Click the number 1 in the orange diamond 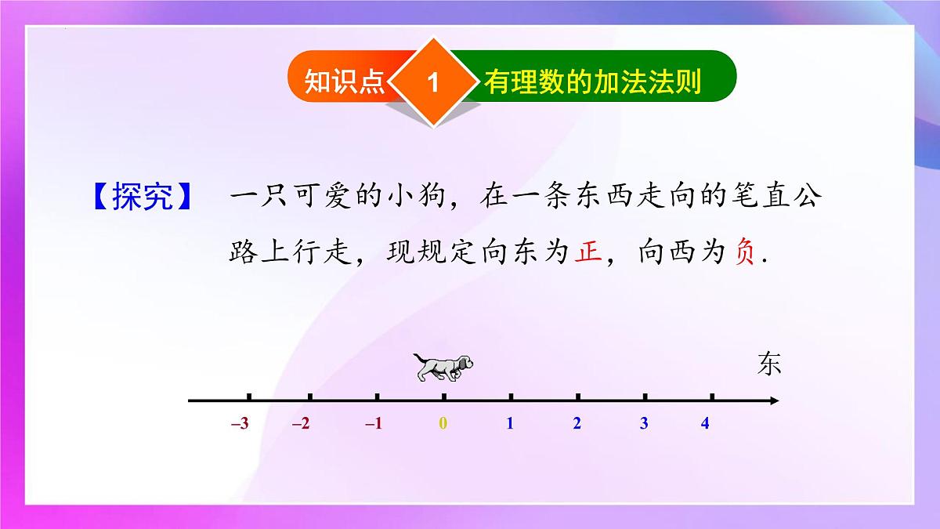(432, 82)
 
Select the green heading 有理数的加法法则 (591, 82)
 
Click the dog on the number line (443, 367)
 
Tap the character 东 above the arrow (769, 364)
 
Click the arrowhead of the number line (774, 401)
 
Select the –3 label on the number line (240, 424)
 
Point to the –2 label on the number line (301, 424)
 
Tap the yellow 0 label (443, 424)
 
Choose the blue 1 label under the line (510, 424)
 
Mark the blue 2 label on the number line (577, 424)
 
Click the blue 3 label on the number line (644, 424)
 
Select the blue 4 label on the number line (705, 424)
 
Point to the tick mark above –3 (248, 397)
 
